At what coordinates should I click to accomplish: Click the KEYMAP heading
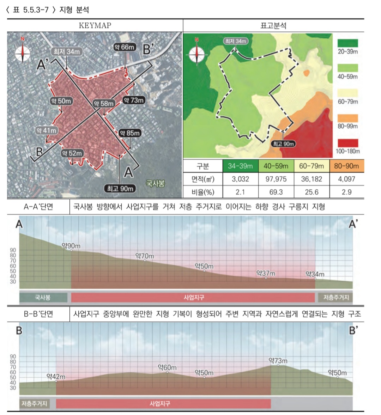click(95, 25)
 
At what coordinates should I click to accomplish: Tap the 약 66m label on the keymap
click(125, 47)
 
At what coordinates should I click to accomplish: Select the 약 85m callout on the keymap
click(129, 133)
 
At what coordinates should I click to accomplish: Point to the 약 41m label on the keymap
click(47, 130)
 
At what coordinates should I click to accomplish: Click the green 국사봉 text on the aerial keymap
click(155, 183)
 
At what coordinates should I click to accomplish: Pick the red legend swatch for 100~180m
click(347, 143)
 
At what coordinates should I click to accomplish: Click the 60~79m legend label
click(348, 102)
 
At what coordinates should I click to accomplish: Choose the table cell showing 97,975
click(276, 179)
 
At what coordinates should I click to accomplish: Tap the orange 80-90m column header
click(346, 166)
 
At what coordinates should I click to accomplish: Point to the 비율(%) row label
click(203, 192)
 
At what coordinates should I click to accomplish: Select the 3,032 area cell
click(240, 179)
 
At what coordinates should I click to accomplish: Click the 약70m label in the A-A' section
click(145, 256)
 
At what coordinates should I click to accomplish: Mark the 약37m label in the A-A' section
click(266, 273)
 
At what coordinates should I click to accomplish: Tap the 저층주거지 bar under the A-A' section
click(335, 297)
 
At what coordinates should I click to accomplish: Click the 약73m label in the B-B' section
click(278, 361)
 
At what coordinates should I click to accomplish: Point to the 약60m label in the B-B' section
click(167, 368)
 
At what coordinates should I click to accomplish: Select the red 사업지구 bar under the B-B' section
click(163, 403)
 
